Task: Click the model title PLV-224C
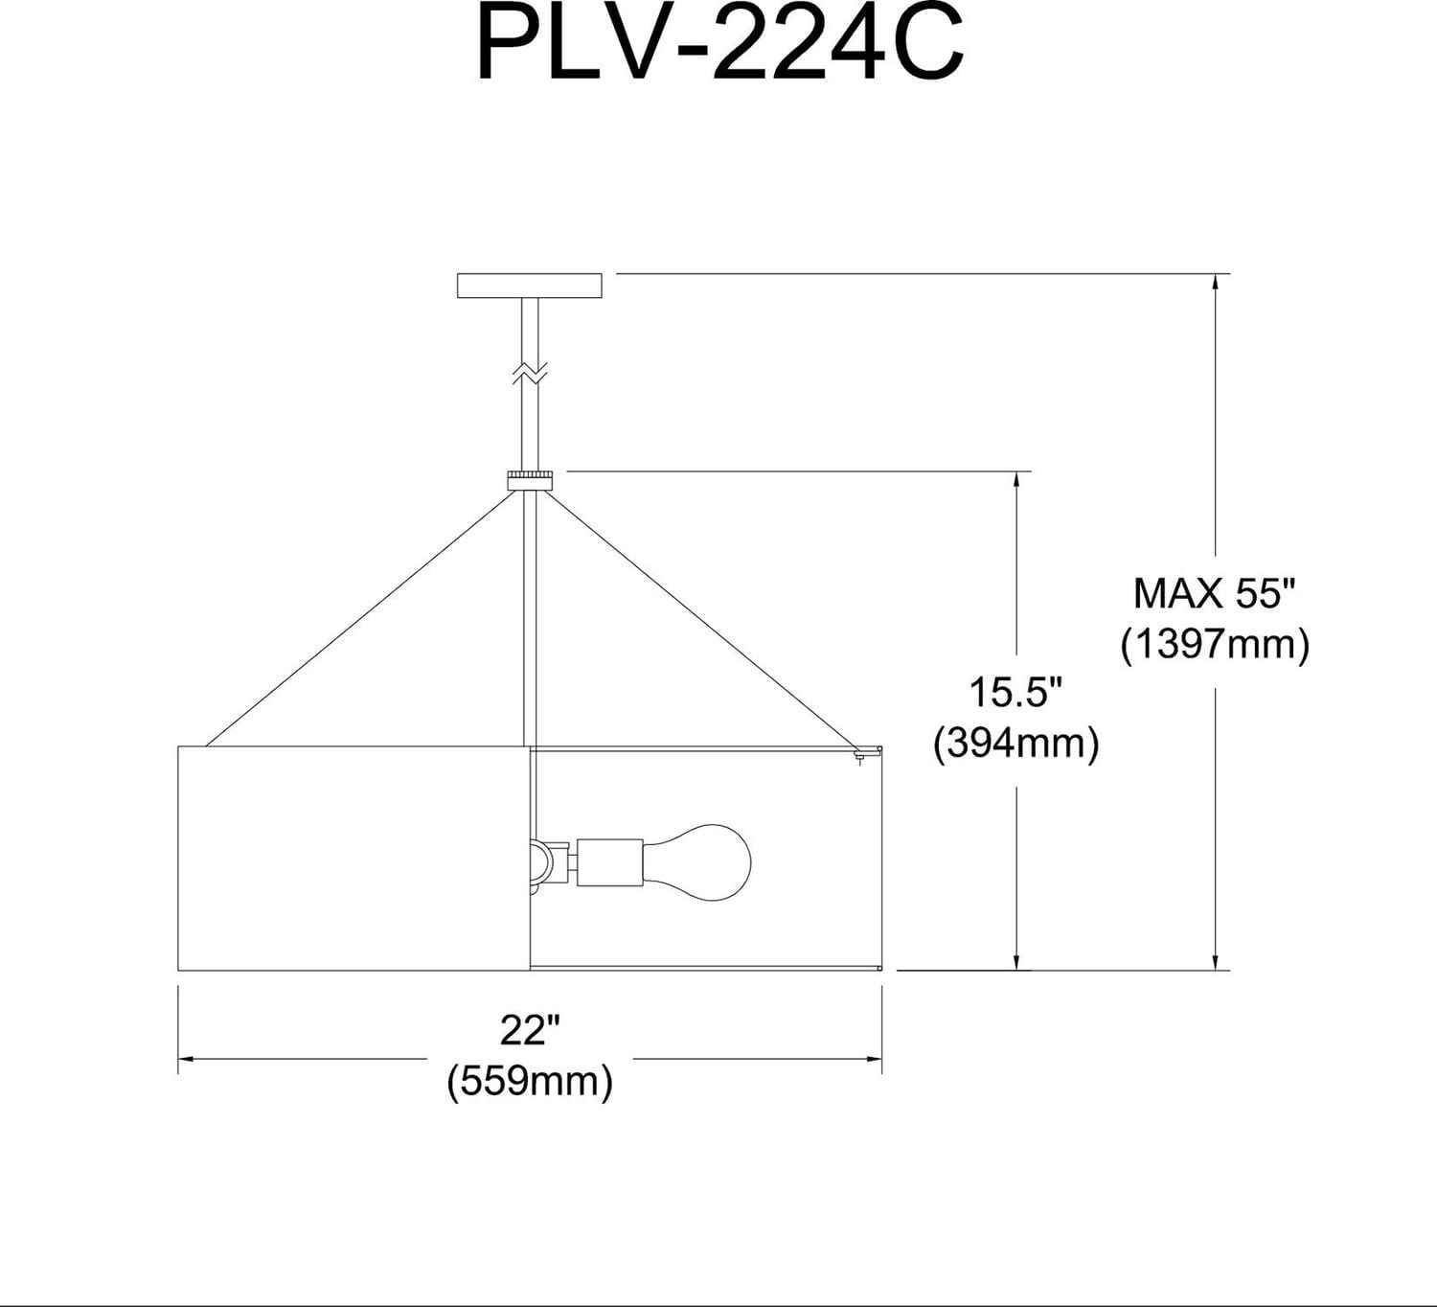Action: coord(719,47)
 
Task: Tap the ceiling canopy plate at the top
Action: coord(530,286)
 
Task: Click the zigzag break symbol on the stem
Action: coord(530,372)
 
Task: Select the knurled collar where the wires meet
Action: coord(531,479)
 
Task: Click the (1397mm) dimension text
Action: coord(1215,644)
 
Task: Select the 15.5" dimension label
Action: coord(1015,692)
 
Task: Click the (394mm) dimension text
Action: coord(1015,743)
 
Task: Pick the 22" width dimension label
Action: coord(529,1031)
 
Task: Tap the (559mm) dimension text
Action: coord(529,1081)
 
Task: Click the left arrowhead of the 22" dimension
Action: coord(187,1059)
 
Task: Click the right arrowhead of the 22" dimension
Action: coord(874,1059)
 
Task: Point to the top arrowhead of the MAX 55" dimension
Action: coord(1216,283)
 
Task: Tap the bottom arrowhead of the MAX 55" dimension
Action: coord(1216,962)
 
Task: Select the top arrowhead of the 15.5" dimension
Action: coord(1016,480)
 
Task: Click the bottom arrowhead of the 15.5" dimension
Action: coord(1016,962)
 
